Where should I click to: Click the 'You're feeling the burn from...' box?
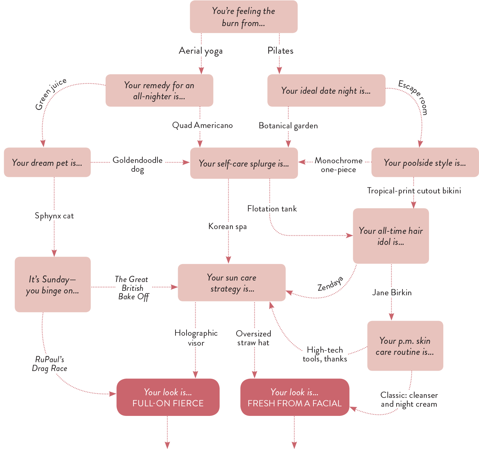[x=244, y=17]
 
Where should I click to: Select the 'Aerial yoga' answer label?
[x=201, y=50]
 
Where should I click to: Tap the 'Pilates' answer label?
[x=280, y=50]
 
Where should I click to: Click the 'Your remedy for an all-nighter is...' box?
[x=159, y=90]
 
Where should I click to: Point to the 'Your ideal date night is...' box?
[x=326, y=90]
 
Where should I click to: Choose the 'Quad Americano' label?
[x=202, y=125]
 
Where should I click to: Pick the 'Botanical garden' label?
[x=288, y=125]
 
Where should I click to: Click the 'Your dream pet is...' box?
[x=47, y=163]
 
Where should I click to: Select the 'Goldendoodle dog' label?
[x=138, y=164]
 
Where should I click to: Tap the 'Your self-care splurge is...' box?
[x=244, y=163]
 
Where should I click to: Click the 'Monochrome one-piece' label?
[x=338, y=164]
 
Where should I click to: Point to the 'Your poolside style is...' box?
[x=425, y=163]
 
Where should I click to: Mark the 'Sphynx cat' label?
[x=54, y=215]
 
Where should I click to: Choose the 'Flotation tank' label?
[x=272, y=209]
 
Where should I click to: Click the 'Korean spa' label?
[x=227, y=226]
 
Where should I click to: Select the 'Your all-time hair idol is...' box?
[x=391, y=236]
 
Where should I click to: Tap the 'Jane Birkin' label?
[x=392, y=292]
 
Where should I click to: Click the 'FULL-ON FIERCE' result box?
[x=168, y=397]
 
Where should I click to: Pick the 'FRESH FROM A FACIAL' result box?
[x=294, y=397]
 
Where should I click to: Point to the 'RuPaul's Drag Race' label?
[x=50, y=364]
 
